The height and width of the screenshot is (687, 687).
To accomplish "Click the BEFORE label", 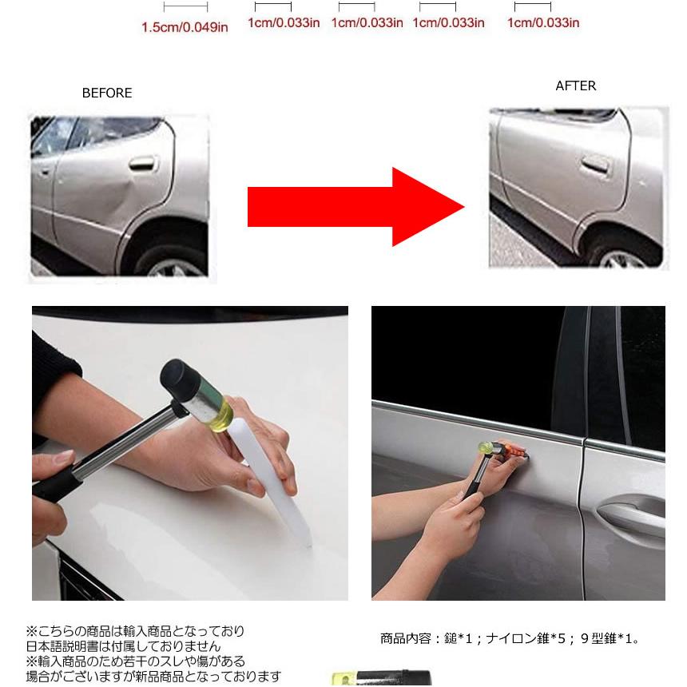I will (107, 93).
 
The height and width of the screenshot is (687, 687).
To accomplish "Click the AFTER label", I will (575, 86).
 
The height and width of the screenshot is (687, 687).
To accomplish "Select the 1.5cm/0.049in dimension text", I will (185, 28).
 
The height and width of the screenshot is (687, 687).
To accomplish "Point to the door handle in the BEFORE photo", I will (141, 165).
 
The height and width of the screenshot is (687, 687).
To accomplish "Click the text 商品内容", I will (403, 639).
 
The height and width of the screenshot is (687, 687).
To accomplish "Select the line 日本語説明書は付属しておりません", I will (123, 646).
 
